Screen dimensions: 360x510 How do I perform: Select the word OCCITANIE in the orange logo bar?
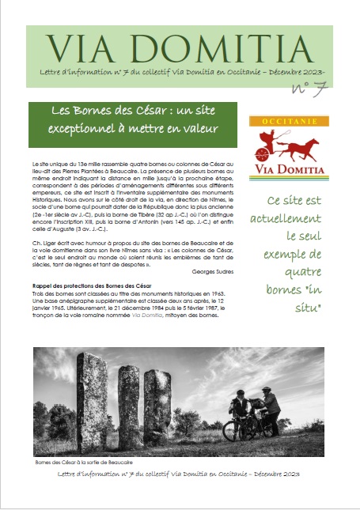[283, 123]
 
